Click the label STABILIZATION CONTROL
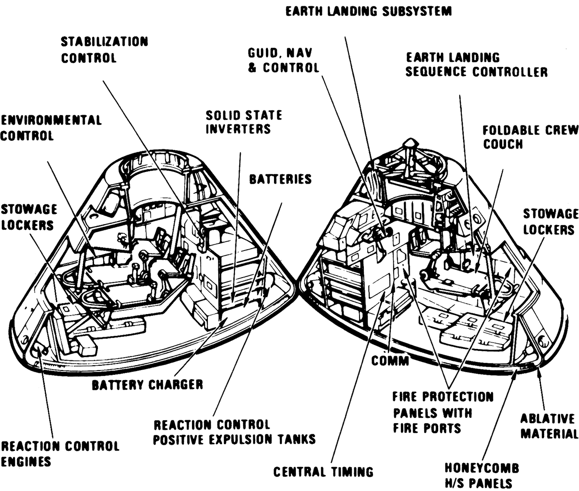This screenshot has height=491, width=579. pos(104,50)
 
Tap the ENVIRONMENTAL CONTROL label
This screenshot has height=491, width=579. pos(51,128)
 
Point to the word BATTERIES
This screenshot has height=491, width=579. pos(280,179)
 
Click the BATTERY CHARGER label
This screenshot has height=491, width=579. pos(147,385)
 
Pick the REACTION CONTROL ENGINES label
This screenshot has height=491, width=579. pos(60,453)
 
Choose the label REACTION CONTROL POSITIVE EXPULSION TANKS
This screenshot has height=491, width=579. pos(234,432)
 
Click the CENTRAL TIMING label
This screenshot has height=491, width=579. pos(323,472)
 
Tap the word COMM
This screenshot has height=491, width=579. pos(390,360)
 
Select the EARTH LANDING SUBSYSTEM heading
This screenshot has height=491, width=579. pos(369,11)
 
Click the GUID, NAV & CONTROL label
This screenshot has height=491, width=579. pos(284,60)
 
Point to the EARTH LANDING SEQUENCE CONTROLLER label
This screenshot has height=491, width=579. pos(476,65)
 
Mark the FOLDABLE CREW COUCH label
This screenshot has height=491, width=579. pos(530,137)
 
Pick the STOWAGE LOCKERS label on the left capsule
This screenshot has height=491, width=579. pos(28,217)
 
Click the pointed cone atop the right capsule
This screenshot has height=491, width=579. pos(410,144)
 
